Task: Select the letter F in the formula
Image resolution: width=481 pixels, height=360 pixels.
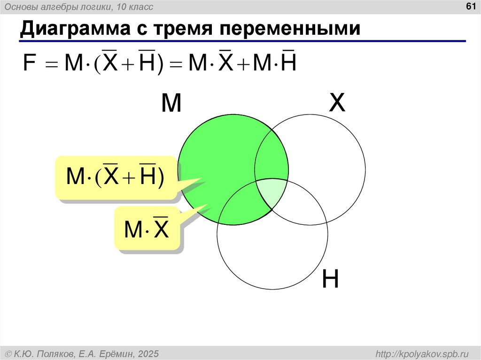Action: [29, 63]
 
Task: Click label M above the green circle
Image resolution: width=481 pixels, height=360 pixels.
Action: [171, 103]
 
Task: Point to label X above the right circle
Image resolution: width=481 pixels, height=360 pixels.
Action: [337, 103]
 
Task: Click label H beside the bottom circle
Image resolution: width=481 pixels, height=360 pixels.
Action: [331, 280]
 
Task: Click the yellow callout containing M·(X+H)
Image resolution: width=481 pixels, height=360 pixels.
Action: [116, 176]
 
